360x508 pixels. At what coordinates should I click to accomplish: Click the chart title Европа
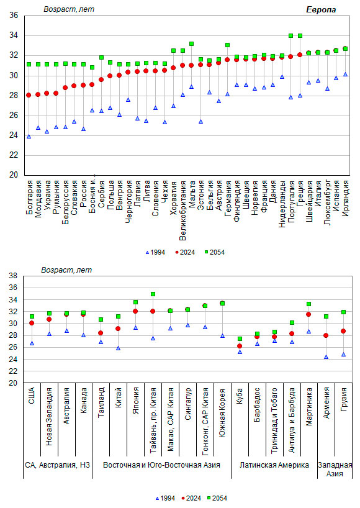pos(321,10)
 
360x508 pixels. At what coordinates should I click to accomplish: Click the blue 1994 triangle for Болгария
pos(29,137)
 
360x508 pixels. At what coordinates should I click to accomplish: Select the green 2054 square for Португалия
pos(290,35)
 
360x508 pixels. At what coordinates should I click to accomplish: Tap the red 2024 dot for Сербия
pos(101,79)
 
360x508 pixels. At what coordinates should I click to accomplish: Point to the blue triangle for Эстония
pos(200,122)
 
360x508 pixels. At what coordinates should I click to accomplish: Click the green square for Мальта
pos(191,43)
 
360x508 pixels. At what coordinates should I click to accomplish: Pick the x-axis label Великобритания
pos(182,211)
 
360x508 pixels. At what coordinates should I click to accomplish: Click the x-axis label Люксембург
pos(327,202)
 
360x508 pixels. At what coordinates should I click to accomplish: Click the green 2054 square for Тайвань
pos(153,294)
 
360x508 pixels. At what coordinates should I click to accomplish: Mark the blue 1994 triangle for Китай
pos(118,348)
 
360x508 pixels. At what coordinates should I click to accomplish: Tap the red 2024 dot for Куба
pos(240,346)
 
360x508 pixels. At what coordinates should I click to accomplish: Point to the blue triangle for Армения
pos(326,356)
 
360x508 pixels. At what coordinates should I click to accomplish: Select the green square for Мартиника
pos(309,304)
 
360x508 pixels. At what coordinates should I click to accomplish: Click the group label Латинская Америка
pos(274,465)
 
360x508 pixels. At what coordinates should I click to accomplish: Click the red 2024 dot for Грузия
pos(343,331)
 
